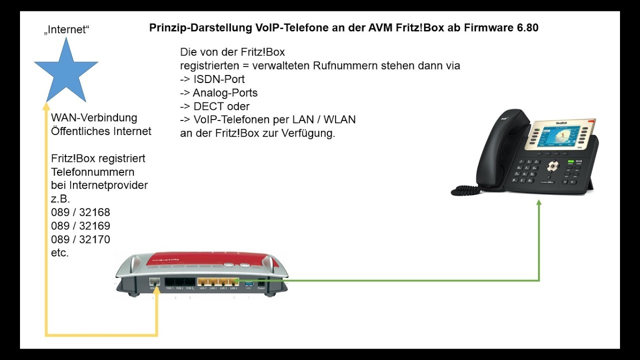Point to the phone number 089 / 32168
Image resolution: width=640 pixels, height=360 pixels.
pos(80,212)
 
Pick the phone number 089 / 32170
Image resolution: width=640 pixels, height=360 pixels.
pos(80,239)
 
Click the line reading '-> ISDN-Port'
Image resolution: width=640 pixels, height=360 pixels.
pos(212,79)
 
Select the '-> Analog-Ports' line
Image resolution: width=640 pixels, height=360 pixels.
pos(219,92)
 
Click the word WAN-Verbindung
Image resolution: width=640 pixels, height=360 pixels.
pos(94,118)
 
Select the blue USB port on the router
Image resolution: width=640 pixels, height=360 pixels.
pos(248,284)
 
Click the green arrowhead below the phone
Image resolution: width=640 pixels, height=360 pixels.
pos(539,203)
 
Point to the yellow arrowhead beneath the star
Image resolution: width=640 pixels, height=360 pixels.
pos(46,105)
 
